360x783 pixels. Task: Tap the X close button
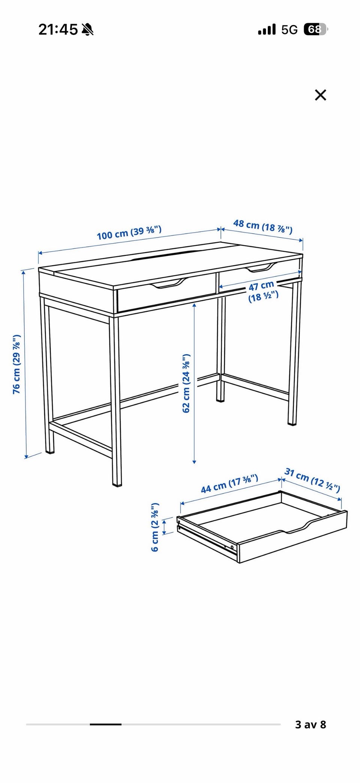point(321,95)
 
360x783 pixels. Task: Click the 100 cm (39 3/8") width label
point(129,233)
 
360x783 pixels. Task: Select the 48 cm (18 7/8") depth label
point(263,227)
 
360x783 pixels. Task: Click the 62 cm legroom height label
point(186,383)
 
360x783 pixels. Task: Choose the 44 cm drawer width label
point(229,484)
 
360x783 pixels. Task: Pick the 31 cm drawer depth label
point(312,479)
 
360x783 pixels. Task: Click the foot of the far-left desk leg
point(49,451)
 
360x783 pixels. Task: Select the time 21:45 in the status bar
point(58,29)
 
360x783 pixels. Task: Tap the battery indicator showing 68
point(315,29)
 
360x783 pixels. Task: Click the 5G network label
point(289,30)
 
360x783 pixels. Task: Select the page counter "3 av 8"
point(310,724)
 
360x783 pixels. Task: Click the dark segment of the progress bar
point(105,724)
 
